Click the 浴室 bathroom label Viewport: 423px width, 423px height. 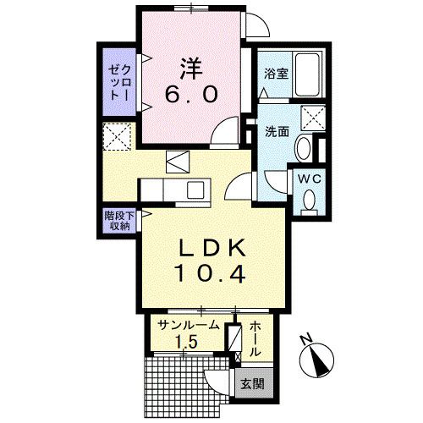(276, 74)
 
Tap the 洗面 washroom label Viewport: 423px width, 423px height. (277, 132)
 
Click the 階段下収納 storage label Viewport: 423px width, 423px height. (116, 221)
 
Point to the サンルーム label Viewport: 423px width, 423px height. (188, 325)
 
